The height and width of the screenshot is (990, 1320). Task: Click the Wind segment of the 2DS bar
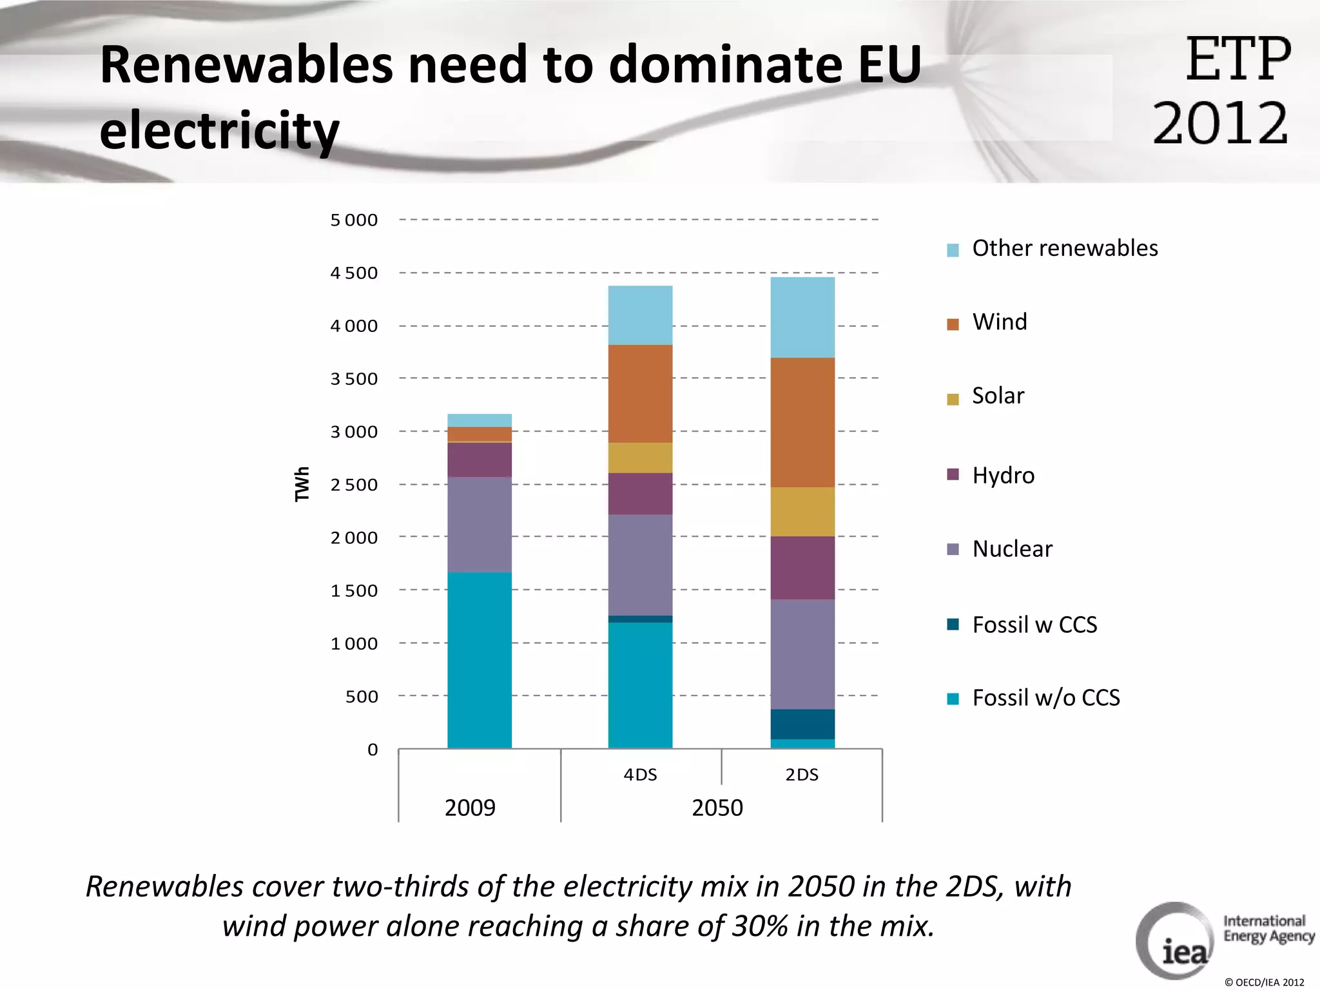tap(802, 422)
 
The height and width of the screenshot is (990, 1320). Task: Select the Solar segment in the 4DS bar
tap(640, 458)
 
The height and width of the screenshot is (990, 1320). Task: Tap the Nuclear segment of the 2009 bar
tap(480, 524)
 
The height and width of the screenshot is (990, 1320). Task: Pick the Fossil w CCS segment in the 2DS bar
tap(802, 724)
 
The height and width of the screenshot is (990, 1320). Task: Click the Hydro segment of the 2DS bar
tap(802, 568)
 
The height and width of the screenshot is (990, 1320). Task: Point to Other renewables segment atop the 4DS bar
tap(640, 315)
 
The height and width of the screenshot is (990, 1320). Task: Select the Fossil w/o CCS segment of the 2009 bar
tap(480, 659)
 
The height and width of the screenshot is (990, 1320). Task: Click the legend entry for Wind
tap(999, 322)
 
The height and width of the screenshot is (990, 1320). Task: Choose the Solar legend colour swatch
tap(953, 399)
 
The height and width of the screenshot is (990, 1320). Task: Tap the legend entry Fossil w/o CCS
tap(1045, 698)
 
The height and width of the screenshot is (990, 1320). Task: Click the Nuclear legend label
tap(1012, 549)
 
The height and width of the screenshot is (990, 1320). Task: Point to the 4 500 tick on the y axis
tap(354, 273)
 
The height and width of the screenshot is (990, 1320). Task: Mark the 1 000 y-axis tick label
tap(354, 644)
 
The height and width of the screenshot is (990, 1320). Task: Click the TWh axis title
tap(302, 484)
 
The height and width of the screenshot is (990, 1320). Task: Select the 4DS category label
tap(640, 775)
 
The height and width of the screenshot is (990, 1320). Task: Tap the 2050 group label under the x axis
tap(717, 808)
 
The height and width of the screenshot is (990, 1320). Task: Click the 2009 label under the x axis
tap(470, 808)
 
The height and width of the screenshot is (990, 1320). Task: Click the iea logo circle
tap(1174, 940)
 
